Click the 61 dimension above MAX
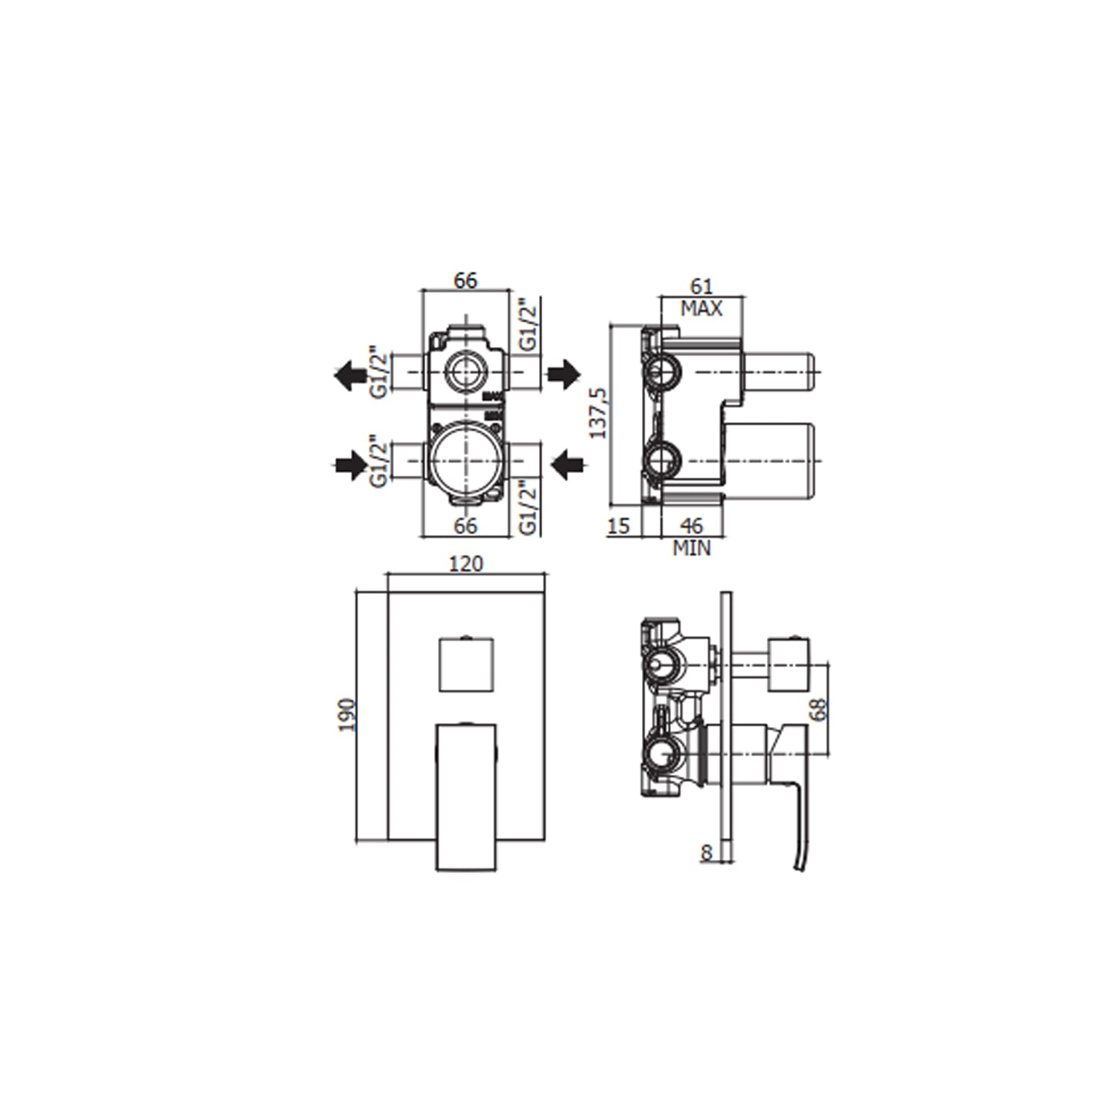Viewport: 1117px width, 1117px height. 701,286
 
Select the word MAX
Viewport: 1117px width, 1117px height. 701,308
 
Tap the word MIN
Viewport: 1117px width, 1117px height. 692,549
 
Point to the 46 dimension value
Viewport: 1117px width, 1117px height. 692,526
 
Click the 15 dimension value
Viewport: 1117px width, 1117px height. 619,526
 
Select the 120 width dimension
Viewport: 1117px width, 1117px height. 465,564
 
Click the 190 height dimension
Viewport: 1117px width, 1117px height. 348,715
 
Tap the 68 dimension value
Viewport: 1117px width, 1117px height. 819,709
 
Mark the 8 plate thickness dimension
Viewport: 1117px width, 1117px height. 706,853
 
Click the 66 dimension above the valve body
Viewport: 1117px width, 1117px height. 465,281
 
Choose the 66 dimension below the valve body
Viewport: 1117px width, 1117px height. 465,526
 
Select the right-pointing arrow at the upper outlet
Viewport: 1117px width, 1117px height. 564,374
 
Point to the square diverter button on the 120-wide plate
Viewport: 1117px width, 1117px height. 465,663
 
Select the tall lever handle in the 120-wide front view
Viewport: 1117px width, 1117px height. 465,795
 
